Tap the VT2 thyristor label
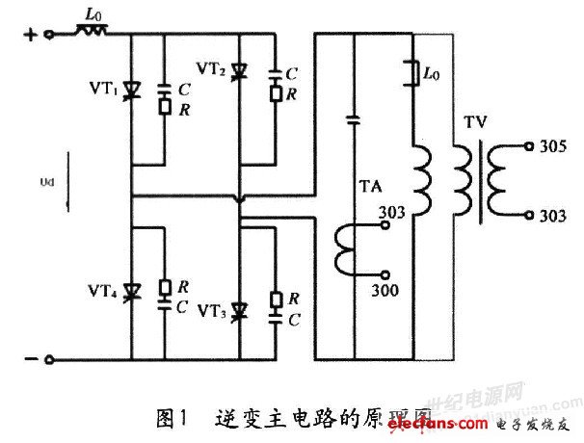point(211,68)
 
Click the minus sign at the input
point(29,359)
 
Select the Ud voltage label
point(60,180)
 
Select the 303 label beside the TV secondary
point(553,217)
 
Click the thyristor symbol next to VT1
point(131,93)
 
